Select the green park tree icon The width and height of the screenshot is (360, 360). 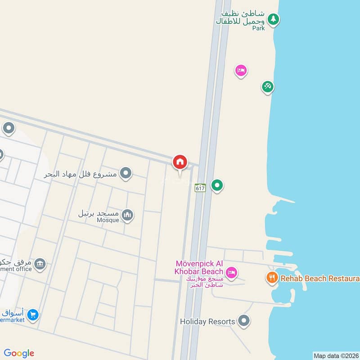click(273, 19)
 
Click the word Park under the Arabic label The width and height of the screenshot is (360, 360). click(258, 28)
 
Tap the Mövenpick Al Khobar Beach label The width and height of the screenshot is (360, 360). click(199, 267)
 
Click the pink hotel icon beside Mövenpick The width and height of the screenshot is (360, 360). click(232, 272)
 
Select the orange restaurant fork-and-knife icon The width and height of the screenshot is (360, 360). click(271, 278)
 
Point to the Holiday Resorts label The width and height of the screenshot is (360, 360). click(207, 322)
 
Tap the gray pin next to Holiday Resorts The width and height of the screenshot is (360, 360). click(244, 321)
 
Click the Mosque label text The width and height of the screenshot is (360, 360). click(108, 220)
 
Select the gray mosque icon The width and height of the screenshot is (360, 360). click(127, 215)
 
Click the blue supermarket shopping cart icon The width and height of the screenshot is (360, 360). click(32, 315)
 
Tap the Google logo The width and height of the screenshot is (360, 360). click(19, 353)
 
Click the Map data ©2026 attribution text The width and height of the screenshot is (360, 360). click(335, 356)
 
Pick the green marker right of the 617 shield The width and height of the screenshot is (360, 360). click(217, 185)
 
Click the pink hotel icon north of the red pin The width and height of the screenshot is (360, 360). click(241, 70)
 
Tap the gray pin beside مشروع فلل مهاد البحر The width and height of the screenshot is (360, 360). click(126, 173)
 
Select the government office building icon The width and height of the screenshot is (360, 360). click(40, 263)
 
